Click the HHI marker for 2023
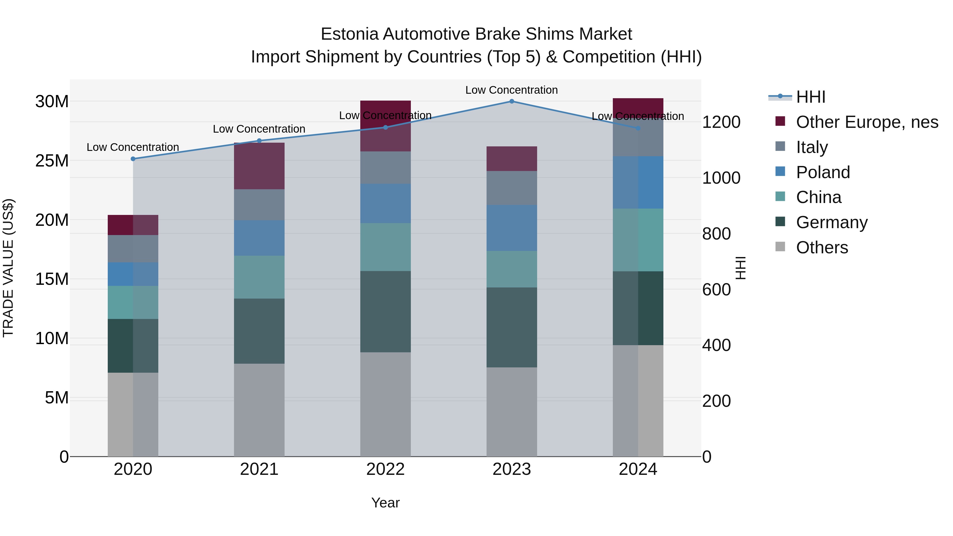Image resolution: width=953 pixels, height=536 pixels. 512,101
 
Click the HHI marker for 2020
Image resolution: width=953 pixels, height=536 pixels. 133,159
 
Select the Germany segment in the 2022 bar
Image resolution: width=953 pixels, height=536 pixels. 385,312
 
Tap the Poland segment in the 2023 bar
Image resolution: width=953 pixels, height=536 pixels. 512,228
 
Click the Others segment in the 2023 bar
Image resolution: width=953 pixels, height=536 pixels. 512,411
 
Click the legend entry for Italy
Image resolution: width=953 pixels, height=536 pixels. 812,147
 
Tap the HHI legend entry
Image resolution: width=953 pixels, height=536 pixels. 810,97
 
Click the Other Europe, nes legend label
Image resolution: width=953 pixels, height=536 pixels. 867,122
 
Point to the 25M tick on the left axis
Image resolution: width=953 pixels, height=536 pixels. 52,161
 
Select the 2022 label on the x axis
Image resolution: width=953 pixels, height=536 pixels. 385,469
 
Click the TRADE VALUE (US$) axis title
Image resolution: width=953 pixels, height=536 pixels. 8,268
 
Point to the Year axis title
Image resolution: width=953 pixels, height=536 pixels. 385,503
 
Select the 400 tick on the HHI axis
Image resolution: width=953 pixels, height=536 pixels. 716,345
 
